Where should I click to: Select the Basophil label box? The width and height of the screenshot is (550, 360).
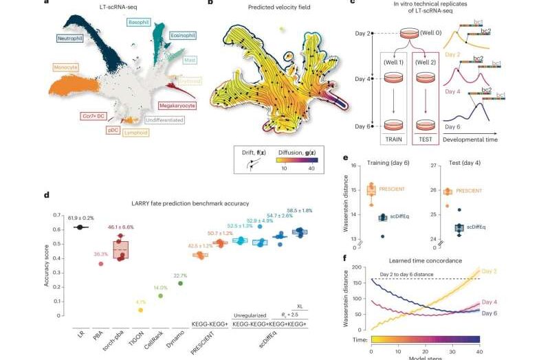click(140, 23)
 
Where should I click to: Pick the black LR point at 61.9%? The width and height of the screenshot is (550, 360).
click(81, 227)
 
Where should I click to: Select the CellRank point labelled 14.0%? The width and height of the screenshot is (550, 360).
click(160, 296)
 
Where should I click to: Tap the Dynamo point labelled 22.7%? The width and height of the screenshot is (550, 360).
click(180, 283)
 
